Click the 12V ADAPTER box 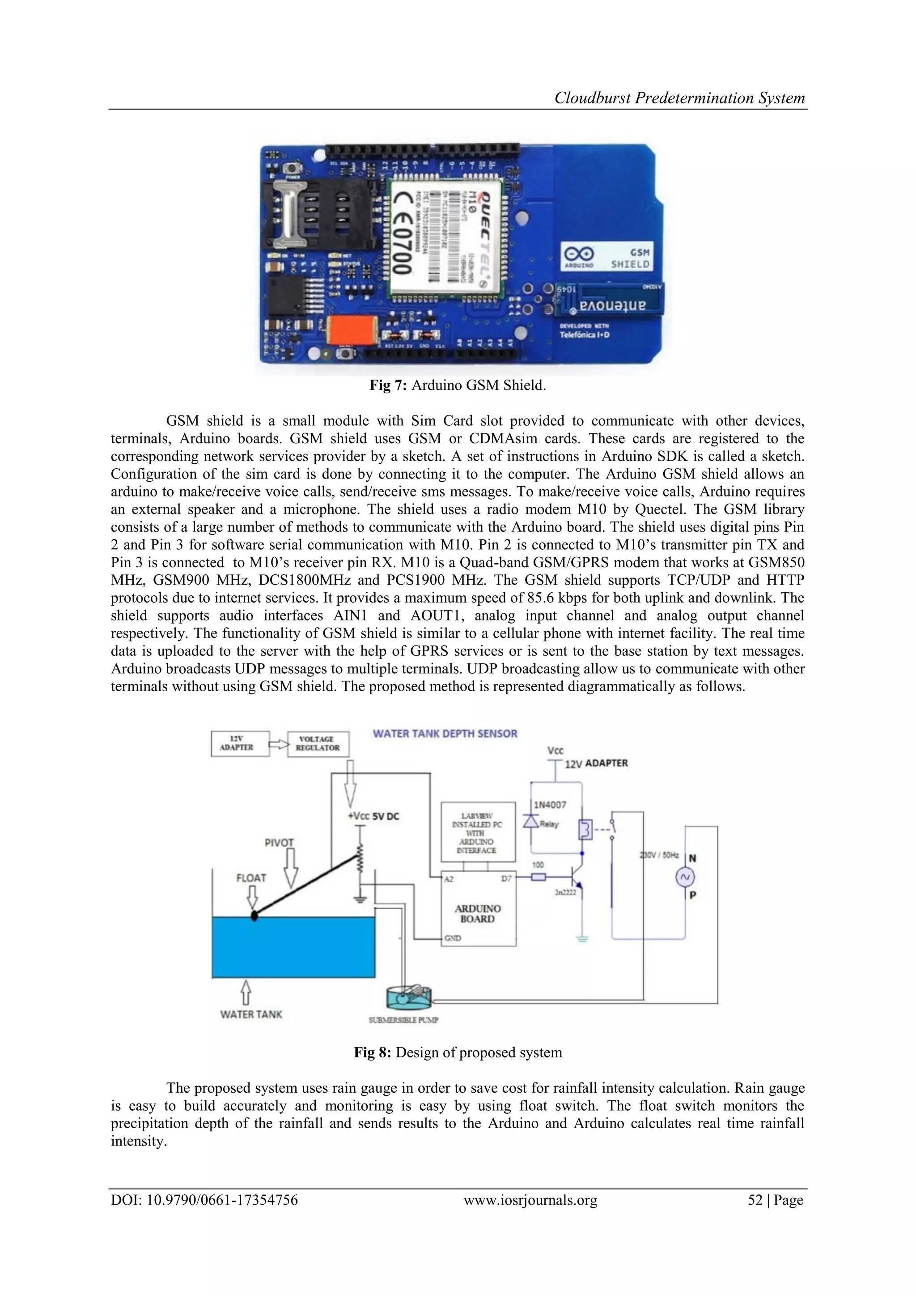pyautogui.click(x=236, y=744)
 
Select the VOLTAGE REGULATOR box pyautogui.click(x=318, y=744)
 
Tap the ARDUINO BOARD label pyautogui.click(x=478, y=913)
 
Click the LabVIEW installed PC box pyautogui.click(x=478, y=832)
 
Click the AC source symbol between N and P pyautogui.click(x=685, y=877)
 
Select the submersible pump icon pyautogui.click(x=408, y=999)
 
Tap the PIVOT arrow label pyautogui.click(x=279, y=843)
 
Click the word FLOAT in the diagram pyautogui.click(x=251, y=878)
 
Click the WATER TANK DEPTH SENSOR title pyautogui.click(x=445, y=734)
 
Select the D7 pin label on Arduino pyautogui.click(x=506, y=878)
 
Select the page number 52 pyautogui.click(x=755, y=1200)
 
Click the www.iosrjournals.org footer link pyautogui.click(x=530, y=1200)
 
